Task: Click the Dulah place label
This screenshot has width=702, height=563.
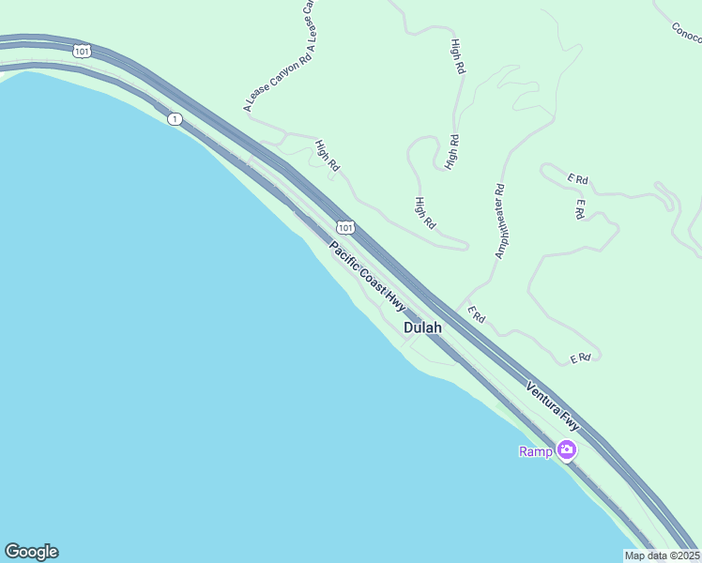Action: click(422, 328)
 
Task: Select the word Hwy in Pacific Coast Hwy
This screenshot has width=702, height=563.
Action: click(394, 300)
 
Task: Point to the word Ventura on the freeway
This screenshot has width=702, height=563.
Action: click(543, 399)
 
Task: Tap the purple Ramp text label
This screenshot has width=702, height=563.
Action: click(535, 451)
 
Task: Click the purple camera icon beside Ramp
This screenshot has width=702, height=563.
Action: click(567, 451)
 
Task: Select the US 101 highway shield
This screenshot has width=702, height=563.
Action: click(345, 227)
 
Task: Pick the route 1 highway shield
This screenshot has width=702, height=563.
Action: click(175, 119)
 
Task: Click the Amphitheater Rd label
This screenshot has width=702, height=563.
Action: click(499, 221)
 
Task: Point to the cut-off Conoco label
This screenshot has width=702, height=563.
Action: click(687, 34)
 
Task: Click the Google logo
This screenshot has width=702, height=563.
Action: click(31, 552)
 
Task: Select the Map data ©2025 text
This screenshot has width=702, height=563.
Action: click(662, 555)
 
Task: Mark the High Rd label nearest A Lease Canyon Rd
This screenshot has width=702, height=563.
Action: click(328, 156)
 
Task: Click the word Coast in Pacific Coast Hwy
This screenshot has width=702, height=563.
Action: click(369, 279)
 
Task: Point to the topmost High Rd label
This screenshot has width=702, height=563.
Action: click(457, 56)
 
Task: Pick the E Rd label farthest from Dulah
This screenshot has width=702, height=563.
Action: click(578, 178)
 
